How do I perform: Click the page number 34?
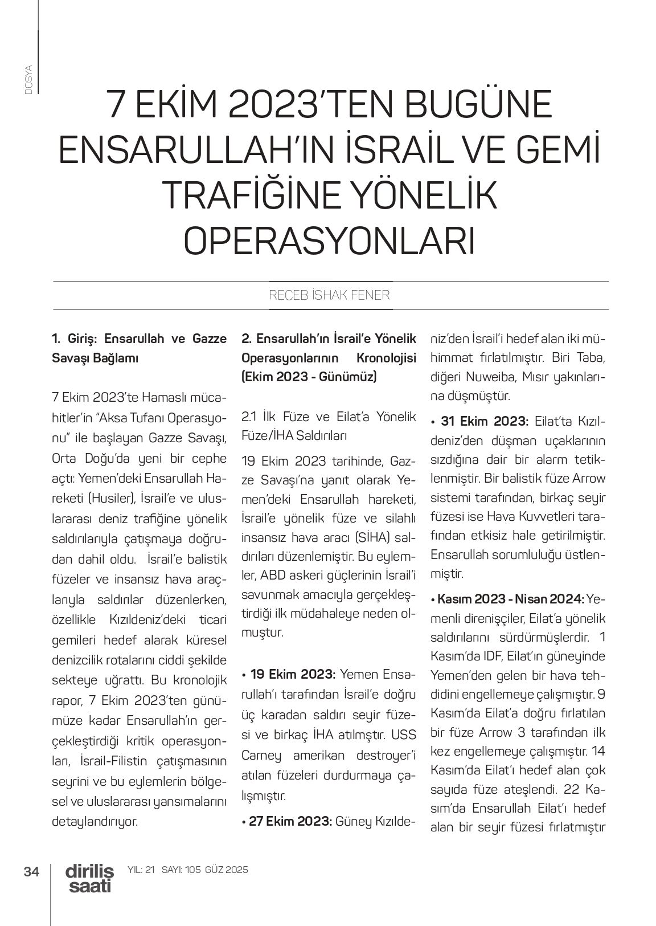click(x=31, y=872)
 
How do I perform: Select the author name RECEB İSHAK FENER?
click(x=330, y=295)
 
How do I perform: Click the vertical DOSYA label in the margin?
click(x=28, y=80)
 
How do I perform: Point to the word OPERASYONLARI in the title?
click(x=330, y=241)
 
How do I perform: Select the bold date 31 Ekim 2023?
click(x=485, y=421)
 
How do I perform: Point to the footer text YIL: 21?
click(x=142, y=870)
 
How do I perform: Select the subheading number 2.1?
click(x=250, y=417)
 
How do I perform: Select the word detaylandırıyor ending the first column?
click(x=95, y=821)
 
